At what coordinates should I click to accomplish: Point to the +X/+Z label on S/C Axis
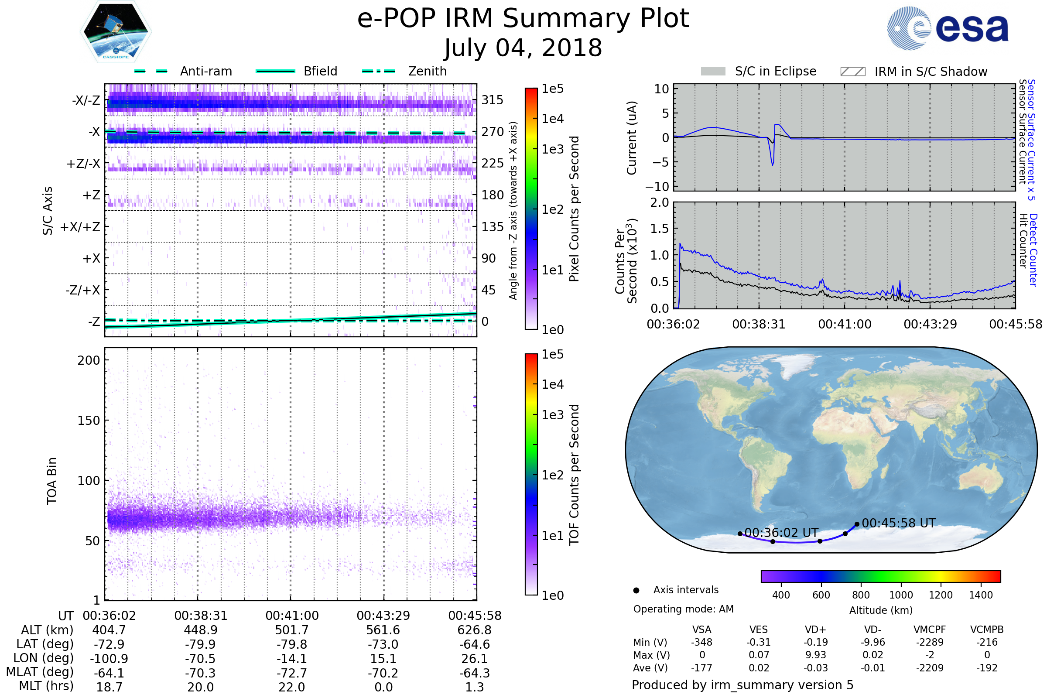80,227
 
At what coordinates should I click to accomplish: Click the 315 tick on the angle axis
493,100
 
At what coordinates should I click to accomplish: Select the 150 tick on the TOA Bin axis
89,421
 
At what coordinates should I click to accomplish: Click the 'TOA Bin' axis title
52,481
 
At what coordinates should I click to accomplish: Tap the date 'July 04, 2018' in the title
523,48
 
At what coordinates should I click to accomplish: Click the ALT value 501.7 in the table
292,630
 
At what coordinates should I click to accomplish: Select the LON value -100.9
109,659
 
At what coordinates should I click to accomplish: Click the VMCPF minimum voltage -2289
930,642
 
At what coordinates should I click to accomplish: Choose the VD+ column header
815,630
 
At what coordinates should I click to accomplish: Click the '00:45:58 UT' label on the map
899,523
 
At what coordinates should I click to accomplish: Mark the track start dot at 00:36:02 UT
740,534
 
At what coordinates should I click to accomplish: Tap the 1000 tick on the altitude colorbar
901,595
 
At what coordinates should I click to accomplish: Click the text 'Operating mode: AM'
683,609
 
